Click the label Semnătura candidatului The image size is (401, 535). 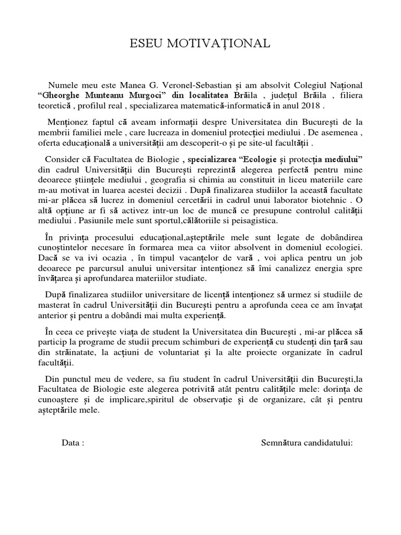307,443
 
